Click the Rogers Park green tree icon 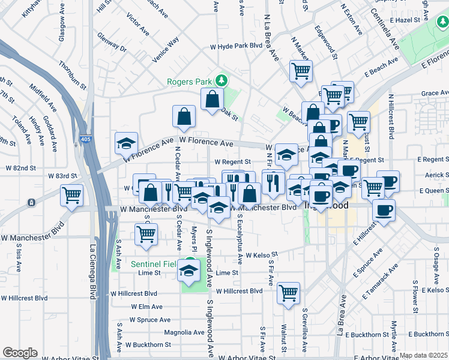221,80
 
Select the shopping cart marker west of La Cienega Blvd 71,196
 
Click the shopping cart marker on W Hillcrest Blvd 289,293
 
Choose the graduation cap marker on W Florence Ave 126,142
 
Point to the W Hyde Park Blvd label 236,46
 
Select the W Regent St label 232,162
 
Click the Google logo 20,353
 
